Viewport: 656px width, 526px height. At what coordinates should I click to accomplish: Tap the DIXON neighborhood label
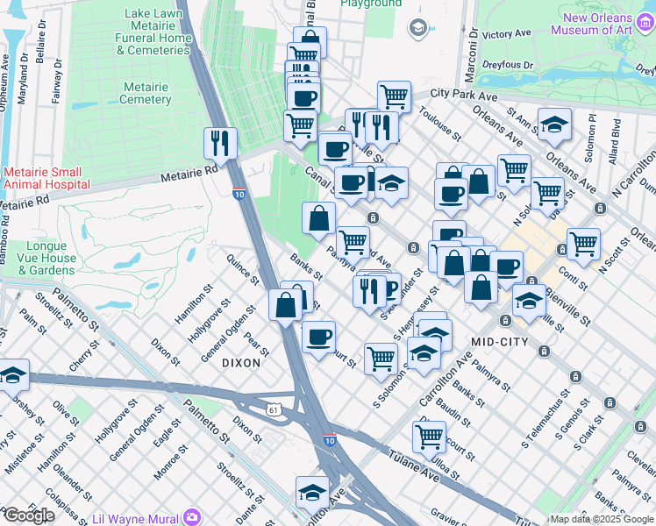pyautogui.click(x=241, y=361)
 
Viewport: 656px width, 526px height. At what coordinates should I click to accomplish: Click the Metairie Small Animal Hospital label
pyautogui.click(x=46, y=178)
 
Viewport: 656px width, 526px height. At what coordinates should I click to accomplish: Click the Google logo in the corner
pyautogui.click(x=28, y=515)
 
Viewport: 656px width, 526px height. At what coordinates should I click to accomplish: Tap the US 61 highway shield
pyautogui.click(x=275, y=409)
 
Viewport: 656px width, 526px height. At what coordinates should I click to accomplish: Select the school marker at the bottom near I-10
pyautogui.click(x=311, y=492)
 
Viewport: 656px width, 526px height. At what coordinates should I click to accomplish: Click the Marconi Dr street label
pyautogui.click(x=472, y=40)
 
